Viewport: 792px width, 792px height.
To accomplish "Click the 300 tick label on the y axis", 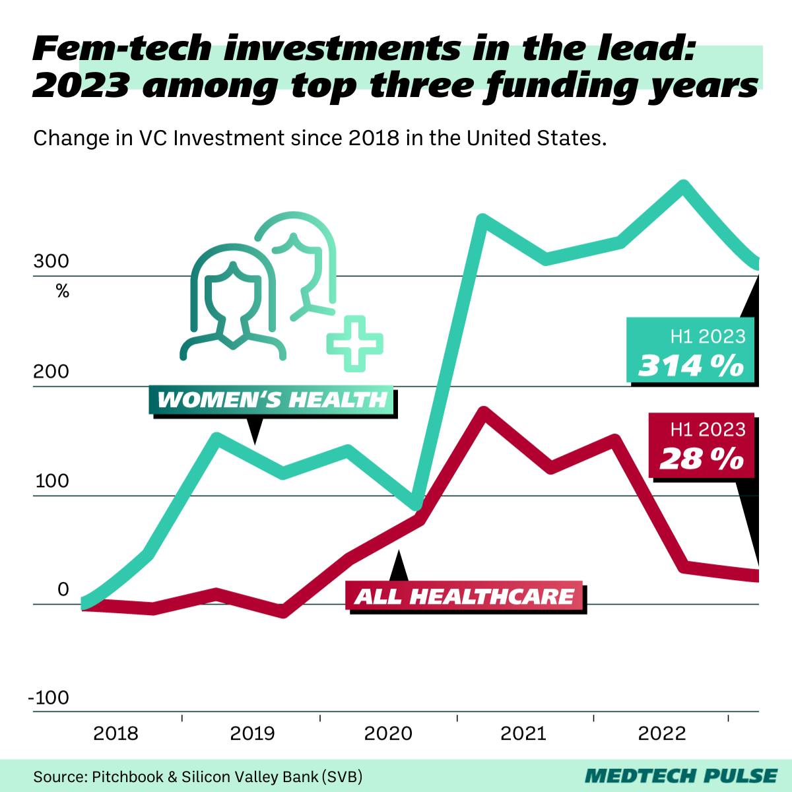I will [51, 261].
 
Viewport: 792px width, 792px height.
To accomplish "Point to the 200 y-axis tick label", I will [51, 372].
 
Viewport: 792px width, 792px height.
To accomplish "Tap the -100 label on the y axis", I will [49, 698].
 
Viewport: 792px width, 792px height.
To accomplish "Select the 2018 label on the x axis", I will [115, 733].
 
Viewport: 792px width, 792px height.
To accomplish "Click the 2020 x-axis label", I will [389, 733].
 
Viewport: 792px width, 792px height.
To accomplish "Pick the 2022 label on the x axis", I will [662, 733].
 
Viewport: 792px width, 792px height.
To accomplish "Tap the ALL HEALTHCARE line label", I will [465, 597].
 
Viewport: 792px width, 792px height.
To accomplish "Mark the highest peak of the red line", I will [482, 412].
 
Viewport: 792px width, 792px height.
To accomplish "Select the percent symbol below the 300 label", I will [62, 290].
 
